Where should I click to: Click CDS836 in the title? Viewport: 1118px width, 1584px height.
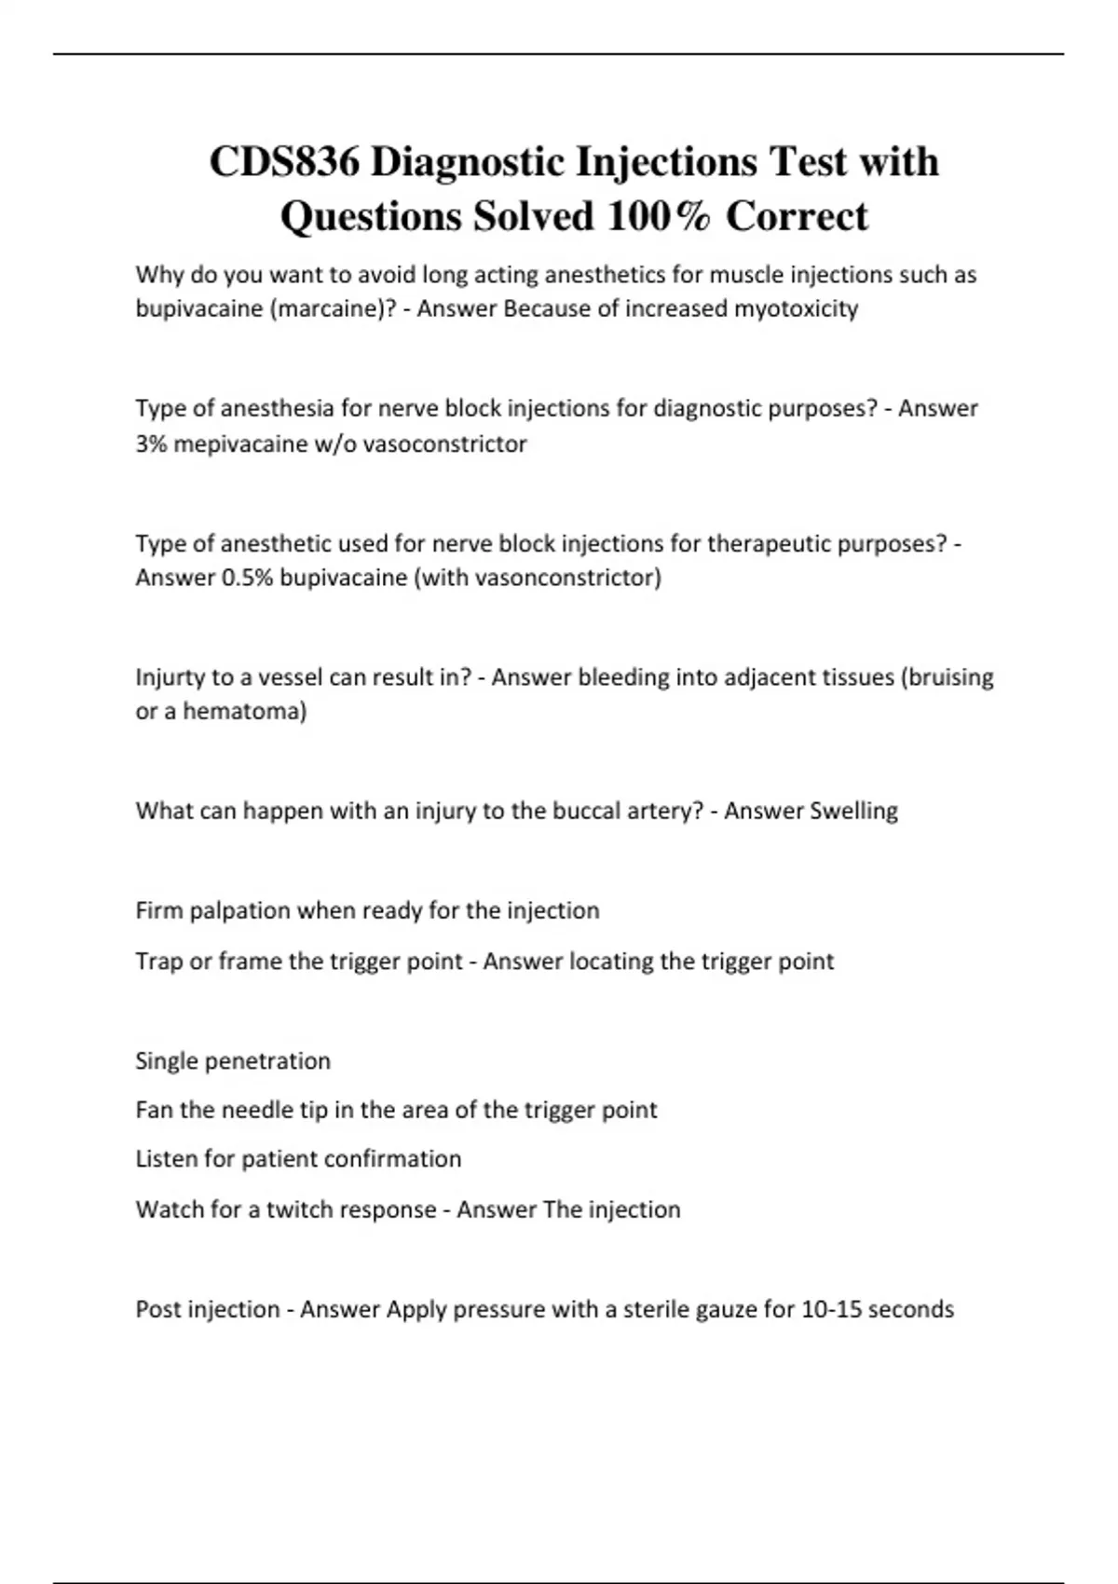[284, 162]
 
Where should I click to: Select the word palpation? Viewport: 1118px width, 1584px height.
[240, 910]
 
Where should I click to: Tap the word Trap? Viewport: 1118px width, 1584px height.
[158, 962]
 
